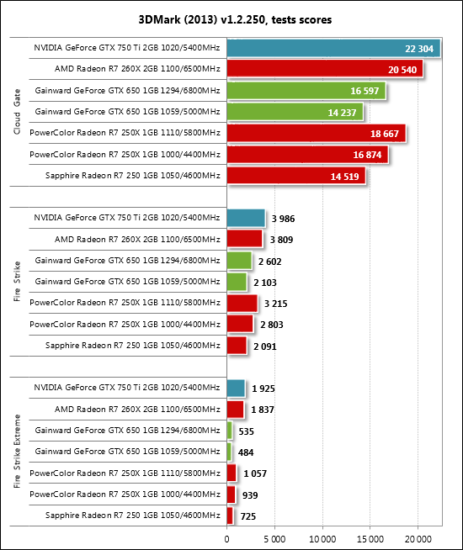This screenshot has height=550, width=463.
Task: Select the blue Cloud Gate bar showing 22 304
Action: tap(333, 48)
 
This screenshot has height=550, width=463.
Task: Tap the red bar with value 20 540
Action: tap(325, 69)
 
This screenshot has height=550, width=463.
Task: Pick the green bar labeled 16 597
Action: tap(306, 91)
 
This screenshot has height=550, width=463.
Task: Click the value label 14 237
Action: tap(342, 113)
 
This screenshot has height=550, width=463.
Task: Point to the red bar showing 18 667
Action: tap(317, 133)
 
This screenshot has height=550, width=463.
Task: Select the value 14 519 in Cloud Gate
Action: tap(344, 177)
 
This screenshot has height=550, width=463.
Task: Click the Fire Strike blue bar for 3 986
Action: tap(246, 218)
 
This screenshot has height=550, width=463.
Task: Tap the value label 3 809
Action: tap(281, 240)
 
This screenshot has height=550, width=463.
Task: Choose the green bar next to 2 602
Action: tap(239, 261)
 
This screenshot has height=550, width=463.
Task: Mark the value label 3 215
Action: tap(275, 304)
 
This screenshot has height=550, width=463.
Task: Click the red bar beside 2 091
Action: tap(237, 346)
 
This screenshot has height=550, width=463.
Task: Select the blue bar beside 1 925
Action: tap(236, 389)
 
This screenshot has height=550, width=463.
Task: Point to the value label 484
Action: tap(246, 452)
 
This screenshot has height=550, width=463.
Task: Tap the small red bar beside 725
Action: tap(230, 516)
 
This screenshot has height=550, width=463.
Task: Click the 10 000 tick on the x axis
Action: tap(322, 539)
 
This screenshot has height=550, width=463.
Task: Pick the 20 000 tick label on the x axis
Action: tap(418, 539)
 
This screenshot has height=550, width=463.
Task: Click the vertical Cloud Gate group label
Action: tap(17, 112)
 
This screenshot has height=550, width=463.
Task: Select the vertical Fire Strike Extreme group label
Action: tap(17, 451)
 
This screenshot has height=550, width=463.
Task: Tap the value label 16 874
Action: tap(367, 155)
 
